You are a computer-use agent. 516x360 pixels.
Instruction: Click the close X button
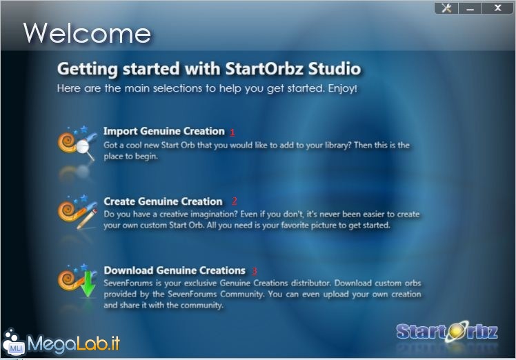[x=497, y=8]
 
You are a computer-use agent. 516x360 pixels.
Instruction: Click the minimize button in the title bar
[x=470, y=8]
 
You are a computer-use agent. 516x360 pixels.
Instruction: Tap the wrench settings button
[x=446, y=8]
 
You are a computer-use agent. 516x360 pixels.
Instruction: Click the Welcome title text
[x=87, y=33]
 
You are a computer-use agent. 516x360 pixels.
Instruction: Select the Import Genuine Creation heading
[x=164, y=131]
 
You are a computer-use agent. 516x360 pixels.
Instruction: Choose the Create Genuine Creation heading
[x=163, y=201]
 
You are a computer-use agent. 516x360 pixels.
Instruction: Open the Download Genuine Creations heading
[x=175, y=270]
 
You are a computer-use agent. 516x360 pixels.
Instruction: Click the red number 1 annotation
[x=232, y=132]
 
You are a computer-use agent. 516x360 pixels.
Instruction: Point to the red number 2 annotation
[x=235, y=201]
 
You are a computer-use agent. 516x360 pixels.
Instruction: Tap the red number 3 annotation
[x=255, y=271]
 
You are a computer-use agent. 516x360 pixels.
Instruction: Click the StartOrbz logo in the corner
[x=447, y=332]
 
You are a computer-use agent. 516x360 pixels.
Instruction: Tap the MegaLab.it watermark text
[x=74, y=344]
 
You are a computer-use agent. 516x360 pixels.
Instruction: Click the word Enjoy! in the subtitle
[x=342, y=88]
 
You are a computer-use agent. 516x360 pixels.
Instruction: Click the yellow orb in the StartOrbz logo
[x=456, y=331]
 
